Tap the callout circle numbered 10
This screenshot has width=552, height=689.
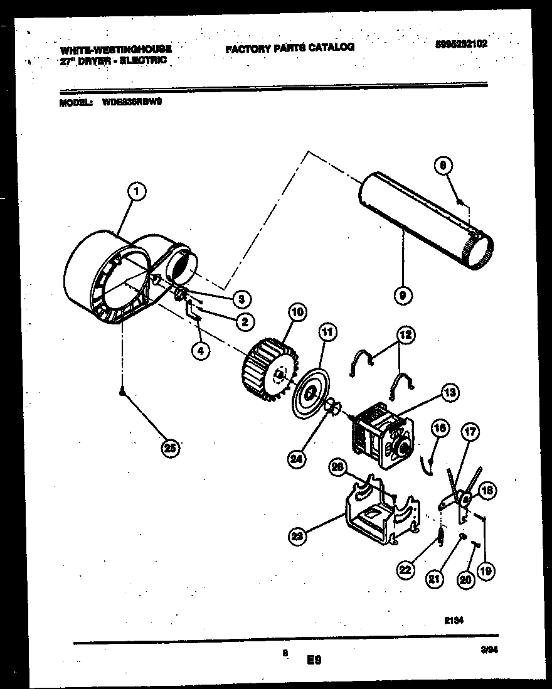(x=297, y=312)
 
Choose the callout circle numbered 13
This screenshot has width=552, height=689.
(x=449, y=393)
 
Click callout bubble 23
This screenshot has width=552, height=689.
(x=299, y=535)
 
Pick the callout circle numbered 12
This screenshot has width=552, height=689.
(x=405, y=335)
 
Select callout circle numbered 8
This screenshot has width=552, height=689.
(x=443, y=166)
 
